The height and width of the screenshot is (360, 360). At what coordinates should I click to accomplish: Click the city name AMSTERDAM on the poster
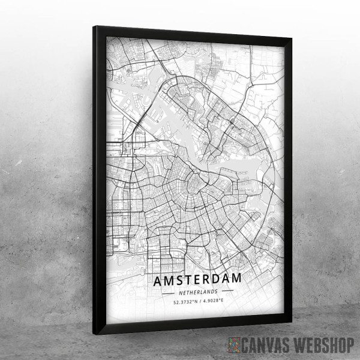tap(198, 280)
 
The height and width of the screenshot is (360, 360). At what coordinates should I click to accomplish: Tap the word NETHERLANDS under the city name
tap(198, 292)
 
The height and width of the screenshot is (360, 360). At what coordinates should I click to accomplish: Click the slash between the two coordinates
tap(199, 302)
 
